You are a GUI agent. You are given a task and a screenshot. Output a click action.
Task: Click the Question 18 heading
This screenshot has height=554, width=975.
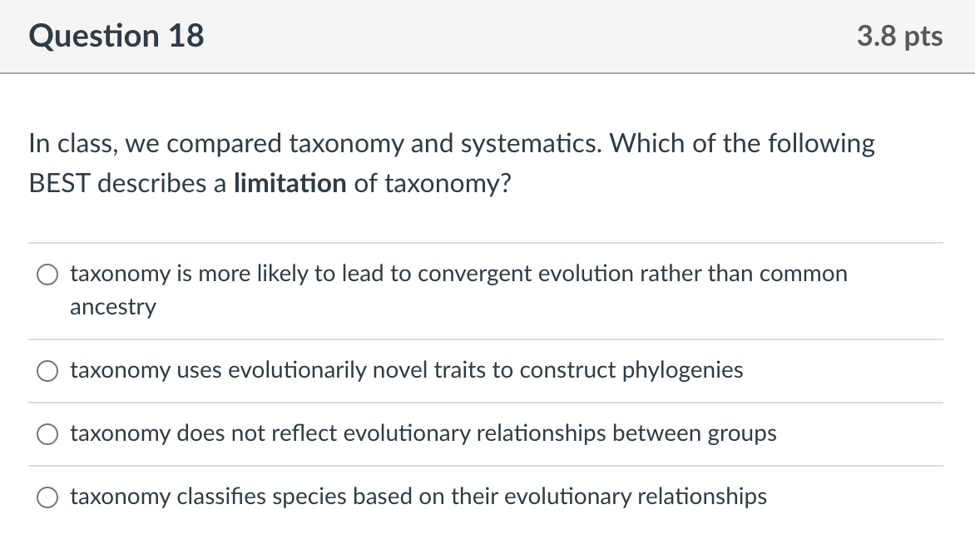tap(116, 36)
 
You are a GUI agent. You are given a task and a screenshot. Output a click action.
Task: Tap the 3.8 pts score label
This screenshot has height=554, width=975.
tap(900, 37)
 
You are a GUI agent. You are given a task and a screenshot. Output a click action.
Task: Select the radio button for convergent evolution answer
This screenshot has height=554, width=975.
tap(47, 275)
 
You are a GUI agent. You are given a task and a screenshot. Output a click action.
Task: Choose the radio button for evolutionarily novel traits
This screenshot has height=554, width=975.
tap(47, 371)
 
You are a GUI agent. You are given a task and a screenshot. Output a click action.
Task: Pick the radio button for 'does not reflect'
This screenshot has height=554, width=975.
tap(47, 434)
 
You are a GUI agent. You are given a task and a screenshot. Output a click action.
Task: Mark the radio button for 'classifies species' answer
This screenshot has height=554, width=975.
tap(47, 497)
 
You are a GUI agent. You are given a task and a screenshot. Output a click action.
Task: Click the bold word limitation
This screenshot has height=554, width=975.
tap(290, 183)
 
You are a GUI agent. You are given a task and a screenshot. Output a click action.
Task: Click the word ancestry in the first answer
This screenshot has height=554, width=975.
tap(113, 307)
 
